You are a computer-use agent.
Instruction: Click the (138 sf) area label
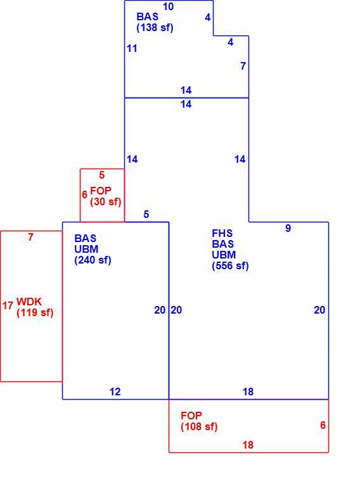pyautogui.click(x=155, y=27)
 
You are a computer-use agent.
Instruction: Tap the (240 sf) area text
pyautogui.click(x=93, y=260)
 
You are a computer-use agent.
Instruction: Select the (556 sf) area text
pyautogui.click(x=230, y=266)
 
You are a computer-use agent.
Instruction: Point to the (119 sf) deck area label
pyautogui.click(x=35, y=312)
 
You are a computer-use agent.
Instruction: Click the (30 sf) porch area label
pyautogui.click(x=106, y=201)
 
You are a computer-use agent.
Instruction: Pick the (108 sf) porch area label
pyautogui.click(x=199, y=426)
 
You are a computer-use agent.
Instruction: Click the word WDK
pyautogui.click(x=29, y=302)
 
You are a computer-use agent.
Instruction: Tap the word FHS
pyautogui.click(x=222, y=233)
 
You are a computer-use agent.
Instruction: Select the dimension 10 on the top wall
pyautogui.click(x=168, y=6)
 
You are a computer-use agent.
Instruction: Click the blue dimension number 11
pyautogui.click(x=132, y=48)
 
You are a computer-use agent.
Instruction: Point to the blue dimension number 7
pyautogui.click(x=243, y=66)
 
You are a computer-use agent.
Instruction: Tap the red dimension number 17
pyautogui.click(x=8, y=305)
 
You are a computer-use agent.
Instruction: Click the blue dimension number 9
pyautogui.click(x=288, y=228)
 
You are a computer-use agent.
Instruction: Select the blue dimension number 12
pyautogui.click(x=115, y=392)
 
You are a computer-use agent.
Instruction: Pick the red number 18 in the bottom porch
pyautogui.click(x=248, y=445)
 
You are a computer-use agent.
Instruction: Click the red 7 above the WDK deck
pyautogui.click(x=30, y=237)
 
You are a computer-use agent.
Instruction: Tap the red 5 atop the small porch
pyautogui.click(x=102, y=175)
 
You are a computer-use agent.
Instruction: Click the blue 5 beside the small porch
pyautogui.click(x=146, y=214)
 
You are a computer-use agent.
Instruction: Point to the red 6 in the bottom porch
pyautogui.click(x=323, y=425)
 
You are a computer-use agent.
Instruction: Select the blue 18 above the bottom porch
pyautogui.click(x=248, y=392)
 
